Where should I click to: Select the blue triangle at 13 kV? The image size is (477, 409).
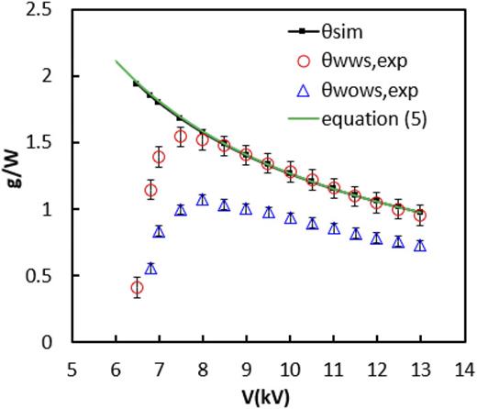pyautogui.click(x=420, y=246)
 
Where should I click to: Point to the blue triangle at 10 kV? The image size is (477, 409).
pyautogui.click(x=290, y=218)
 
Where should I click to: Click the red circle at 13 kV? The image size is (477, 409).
pyautogui.click(x=420, y=216)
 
